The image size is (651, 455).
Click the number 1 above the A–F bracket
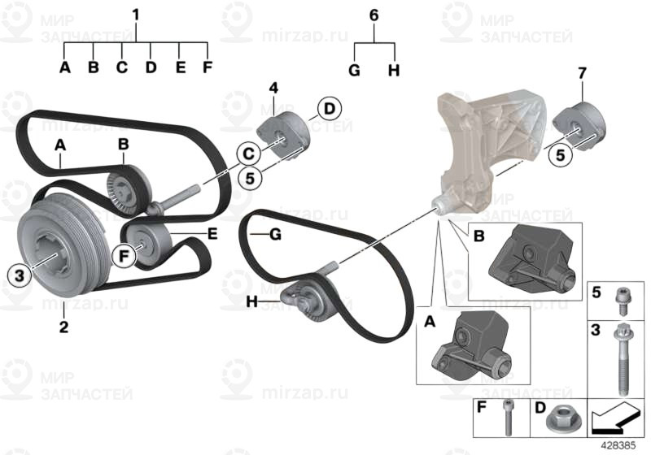tap(136, 15)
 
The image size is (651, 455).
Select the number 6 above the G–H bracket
tap(374, 15)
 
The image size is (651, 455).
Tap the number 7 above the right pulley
tap(582, 73)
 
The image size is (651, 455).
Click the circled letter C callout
tap(248, 154)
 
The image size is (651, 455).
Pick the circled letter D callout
tap(330, 109)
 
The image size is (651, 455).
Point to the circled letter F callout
tap(124, 256)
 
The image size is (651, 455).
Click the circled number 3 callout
tap(20, 275)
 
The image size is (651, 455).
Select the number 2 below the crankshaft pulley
tap(63, 327)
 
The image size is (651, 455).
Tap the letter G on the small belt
tap(275, 235)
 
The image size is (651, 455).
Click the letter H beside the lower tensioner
tap(252, 301)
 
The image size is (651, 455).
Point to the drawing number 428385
tap(618, 446)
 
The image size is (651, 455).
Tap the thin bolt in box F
tap(506, 418)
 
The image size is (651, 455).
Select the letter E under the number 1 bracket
tap(180, 67)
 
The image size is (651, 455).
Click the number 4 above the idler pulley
tap(273, 88)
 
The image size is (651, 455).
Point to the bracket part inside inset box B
tap(533, 259)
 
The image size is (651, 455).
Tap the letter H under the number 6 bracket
tap(394, 71)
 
